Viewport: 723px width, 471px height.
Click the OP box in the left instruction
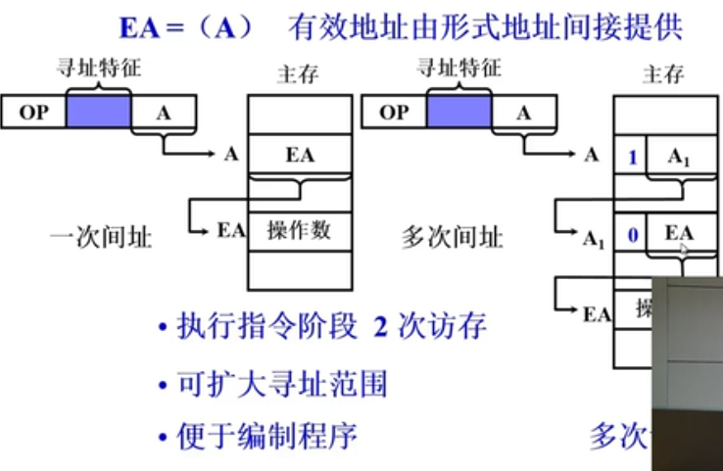33,112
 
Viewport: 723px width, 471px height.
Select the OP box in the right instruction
394,112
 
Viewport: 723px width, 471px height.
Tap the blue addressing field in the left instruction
98,112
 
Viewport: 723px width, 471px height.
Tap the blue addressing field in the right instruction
458,112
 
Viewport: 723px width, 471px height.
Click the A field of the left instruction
164,112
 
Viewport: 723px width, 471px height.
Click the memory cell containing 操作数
299,230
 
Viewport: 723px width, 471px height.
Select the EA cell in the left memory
299,155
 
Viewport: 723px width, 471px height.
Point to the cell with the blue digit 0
632,234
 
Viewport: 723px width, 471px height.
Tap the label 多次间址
454,237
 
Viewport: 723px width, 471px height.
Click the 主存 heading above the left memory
298,74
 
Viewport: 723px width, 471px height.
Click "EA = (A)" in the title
185,25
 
